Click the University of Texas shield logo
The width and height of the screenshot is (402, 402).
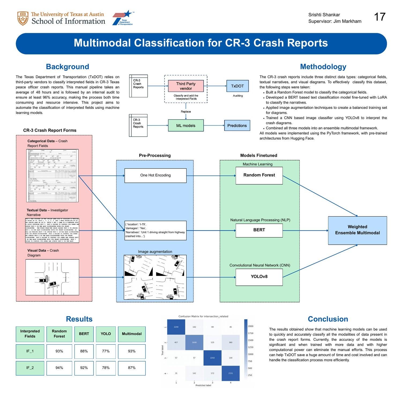[23, 18]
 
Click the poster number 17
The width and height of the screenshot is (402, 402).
[379, 17]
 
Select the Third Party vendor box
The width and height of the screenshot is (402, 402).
[186, 86]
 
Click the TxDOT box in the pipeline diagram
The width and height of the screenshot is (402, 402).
[237, 86]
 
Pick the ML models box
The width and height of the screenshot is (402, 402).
[186, 125]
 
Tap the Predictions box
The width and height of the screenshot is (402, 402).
[237, 125]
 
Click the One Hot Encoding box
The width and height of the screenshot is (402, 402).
[155, 175]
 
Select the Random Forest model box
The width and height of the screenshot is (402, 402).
[259, 175]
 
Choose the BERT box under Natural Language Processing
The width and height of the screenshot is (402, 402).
[259, 230]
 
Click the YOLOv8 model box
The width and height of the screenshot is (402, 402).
[259, 277]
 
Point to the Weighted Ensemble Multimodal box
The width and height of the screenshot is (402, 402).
[357, 230]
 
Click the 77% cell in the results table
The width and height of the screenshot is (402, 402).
[106, 351]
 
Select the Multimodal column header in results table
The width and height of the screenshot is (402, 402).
[132, 334]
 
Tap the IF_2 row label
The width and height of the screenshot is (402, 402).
[30, 368]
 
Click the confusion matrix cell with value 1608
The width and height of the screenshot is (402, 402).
[194, 342]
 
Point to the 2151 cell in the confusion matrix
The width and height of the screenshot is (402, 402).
[230, 373]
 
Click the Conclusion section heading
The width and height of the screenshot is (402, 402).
[328, 319]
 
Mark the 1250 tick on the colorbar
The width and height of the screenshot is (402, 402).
[250, 347]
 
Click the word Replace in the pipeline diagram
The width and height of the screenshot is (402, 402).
[186, 111]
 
